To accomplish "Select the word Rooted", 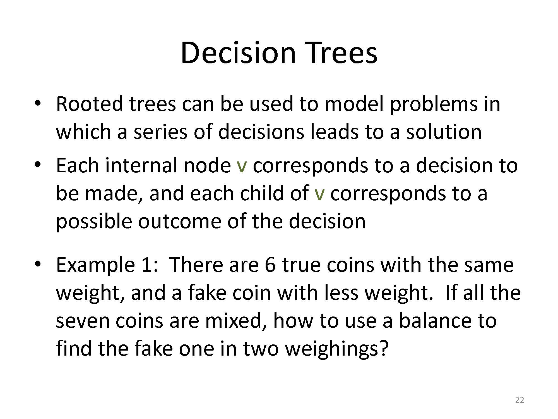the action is point(89,104).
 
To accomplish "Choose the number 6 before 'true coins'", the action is point(270,265).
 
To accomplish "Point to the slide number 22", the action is point(519,400).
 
